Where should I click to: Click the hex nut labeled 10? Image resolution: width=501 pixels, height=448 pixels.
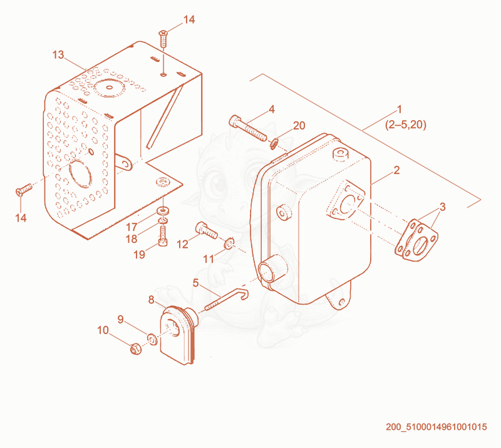(x=135, y=349)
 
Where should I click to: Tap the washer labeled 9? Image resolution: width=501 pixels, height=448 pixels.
(x=152, y=339)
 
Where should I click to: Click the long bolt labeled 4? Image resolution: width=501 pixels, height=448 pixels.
(x=247, y=128)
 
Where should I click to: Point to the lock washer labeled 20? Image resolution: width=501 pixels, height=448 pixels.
(x=274, y=144)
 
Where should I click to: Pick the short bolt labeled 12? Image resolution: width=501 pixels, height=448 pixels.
(x=207, y=230)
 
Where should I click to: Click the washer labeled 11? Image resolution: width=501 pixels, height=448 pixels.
(x=229, y=243)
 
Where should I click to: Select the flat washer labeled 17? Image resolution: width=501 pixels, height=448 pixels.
(x=163, y=211)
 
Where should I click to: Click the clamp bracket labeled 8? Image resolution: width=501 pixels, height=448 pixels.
(x=178, y=334)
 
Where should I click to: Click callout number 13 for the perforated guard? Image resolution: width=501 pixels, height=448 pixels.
(x=58, y=55)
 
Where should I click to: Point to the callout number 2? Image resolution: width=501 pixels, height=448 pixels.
(x=396, y=170)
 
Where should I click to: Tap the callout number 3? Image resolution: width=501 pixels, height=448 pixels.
(x=442, y=207)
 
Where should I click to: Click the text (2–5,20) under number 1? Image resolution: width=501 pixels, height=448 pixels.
(x=406, y=125)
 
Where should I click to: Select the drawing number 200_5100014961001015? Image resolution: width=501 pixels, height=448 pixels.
(x=436, y=427)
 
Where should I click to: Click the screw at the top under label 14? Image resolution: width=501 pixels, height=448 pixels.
(x=163, y=39)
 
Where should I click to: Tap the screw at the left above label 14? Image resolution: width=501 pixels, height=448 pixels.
(x=24, y=190)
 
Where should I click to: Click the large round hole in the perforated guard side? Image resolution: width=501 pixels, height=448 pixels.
(x=81, y=173)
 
